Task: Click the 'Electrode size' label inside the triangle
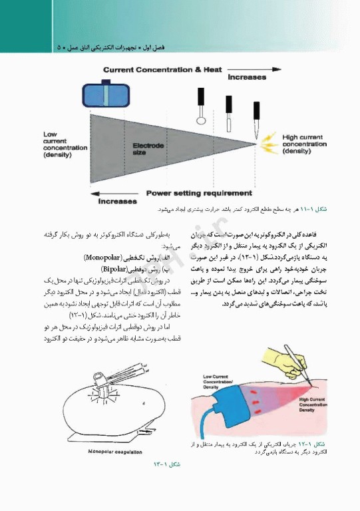point(145,148)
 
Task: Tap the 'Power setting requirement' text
point(200,194)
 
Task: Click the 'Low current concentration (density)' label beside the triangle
point(60,144)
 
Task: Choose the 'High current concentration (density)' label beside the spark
point(305,144)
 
